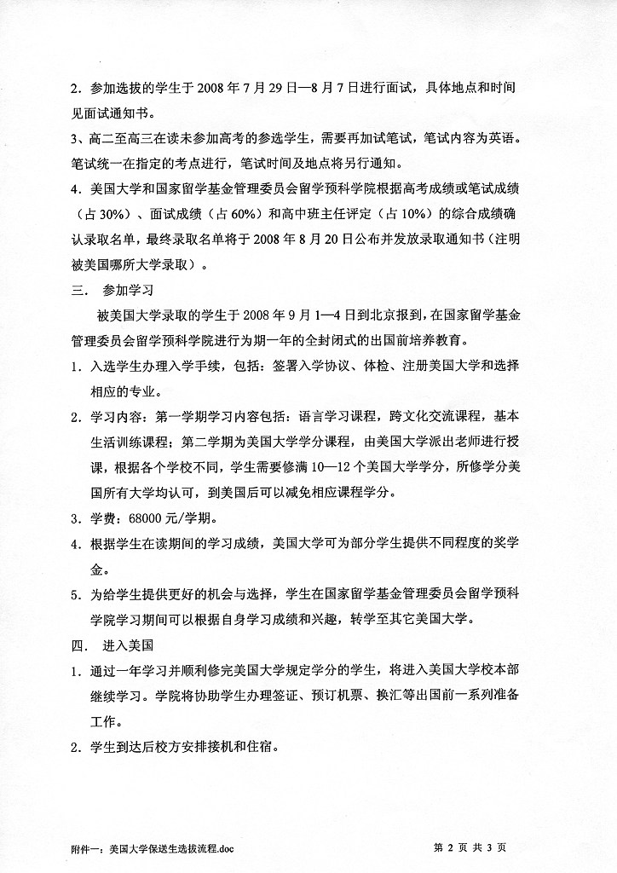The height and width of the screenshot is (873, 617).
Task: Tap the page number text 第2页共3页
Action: (470, 847)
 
